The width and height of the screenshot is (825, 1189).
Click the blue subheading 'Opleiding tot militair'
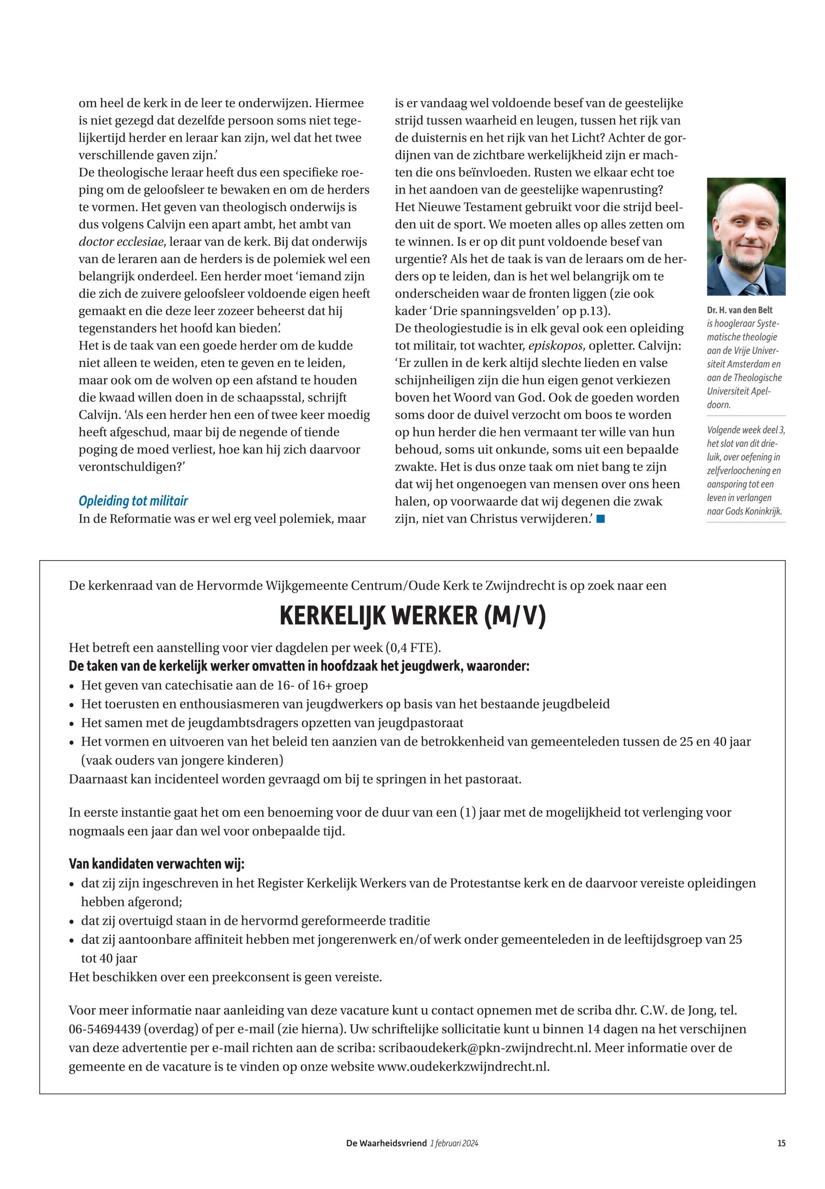click(x=133, y=501)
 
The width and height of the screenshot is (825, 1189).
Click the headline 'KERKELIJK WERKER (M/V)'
click(x=412, y=616)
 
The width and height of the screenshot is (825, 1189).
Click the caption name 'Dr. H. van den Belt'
click(x=739, y=310)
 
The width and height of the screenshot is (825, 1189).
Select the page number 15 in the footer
click(x=781, y=1143)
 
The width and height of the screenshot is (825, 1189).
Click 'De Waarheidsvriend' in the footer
click(x=386, y=1143)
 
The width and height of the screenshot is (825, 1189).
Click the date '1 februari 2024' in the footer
click(x=454, y=1143)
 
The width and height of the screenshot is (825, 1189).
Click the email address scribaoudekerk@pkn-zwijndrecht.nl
click(x=484, y=1047)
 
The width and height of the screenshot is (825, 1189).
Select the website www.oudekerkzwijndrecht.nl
click(x=463, y=1067)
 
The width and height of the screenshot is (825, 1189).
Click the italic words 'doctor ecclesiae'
click(x=120, y=242)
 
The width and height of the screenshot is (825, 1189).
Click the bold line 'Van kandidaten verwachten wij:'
click(x=157, y=864)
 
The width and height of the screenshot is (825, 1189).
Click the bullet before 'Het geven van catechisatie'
click(x=72, y=686)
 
